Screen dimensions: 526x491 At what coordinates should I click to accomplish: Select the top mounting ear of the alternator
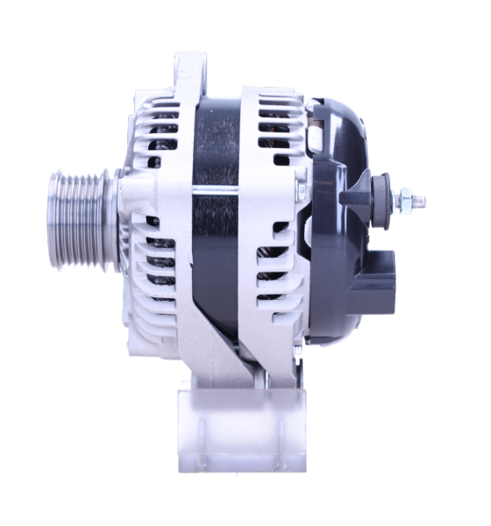coord(190,69)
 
